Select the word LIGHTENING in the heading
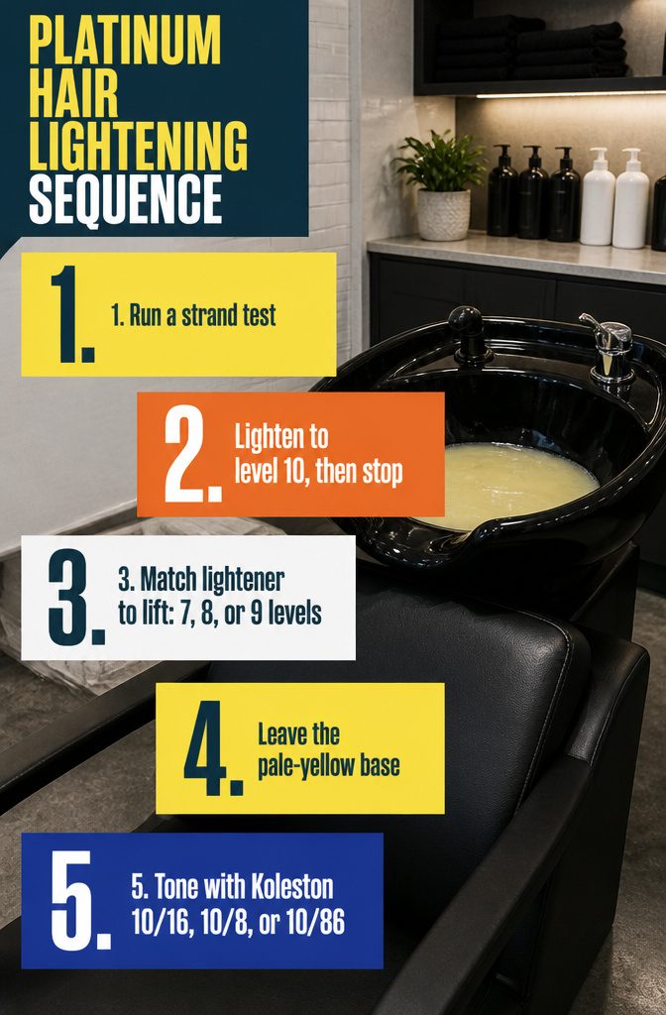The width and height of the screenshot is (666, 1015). coord(138,146)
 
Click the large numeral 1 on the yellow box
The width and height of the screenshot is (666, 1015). coord(71,313)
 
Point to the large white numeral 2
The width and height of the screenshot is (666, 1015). coord(193,454)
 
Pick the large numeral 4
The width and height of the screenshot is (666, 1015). coord(213,747)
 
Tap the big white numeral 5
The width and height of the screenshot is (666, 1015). coord(80,900)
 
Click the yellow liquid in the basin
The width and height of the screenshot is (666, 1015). coord(512,483)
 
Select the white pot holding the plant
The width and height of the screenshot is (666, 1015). coord(443,215)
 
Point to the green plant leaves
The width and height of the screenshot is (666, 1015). coord(440,161)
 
